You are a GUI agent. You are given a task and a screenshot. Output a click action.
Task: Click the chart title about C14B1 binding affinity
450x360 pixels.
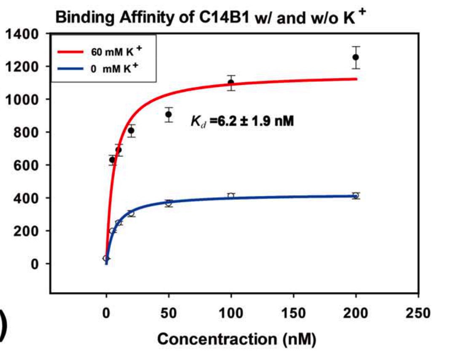(211, 17)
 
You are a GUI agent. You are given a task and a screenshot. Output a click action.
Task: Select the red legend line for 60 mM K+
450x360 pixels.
(70, 52)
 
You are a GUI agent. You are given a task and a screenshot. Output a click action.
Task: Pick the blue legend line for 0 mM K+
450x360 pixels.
(70, 69)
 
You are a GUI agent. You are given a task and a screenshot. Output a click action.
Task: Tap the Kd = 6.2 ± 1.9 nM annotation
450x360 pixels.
(243, 121)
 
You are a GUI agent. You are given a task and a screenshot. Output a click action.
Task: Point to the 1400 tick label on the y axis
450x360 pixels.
(21, 35)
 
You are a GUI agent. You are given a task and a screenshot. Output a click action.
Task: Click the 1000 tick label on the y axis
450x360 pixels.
(21, 100)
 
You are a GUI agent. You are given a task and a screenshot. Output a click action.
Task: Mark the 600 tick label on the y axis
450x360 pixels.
(26, 165)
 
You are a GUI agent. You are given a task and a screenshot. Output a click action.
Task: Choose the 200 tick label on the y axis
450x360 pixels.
(26, 231)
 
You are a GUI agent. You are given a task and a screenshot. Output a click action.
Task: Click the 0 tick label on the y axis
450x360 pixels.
(35, 264)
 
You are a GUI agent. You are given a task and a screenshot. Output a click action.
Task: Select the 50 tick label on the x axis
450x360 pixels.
(169, 313)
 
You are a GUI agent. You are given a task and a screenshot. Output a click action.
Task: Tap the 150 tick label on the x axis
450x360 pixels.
(293, 313)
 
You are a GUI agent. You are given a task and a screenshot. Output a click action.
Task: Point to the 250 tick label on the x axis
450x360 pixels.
(418, 313)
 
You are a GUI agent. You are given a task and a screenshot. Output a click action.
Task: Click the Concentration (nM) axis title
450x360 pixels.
(237, 339)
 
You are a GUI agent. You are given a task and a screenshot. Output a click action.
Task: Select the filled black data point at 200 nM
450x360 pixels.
(356, 57)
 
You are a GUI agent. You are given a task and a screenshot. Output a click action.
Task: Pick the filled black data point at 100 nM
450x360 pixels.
(231, 83)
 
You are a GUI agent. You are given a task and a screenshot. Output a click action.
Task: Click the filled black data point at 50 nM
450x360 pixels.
(169, 115)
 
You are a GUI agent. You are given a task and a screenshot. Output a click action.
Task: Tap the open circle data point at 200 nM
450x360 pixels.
(356, 196)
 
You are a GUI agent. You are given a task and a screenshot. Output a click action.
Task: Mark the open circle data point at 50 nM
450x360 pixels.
(169, 203)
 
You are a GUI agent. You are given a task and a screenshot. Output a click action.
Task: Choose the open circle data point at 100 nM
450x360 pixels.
(231, 196)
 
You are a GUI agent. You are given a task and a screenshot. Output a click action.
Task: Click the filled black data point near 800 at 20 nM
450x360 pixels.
(131, 131)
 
